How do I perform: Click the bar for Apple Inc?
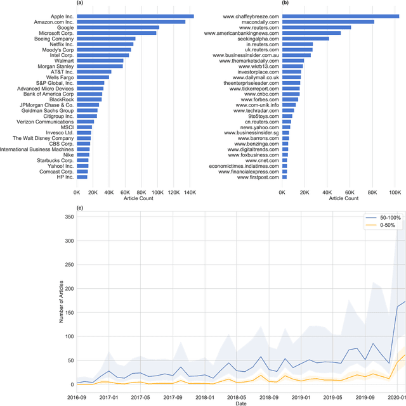[135, 16]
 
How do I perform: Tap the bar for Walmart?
[100, 61]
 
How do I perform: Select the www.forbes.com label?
[263, 99]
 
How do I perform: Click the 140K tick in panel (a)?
[190, 191]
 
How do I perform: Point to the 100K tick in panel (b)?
[393, 191]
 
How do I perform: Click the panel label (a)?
[79, 4]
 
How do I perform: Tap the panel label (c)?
[79, 208]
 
